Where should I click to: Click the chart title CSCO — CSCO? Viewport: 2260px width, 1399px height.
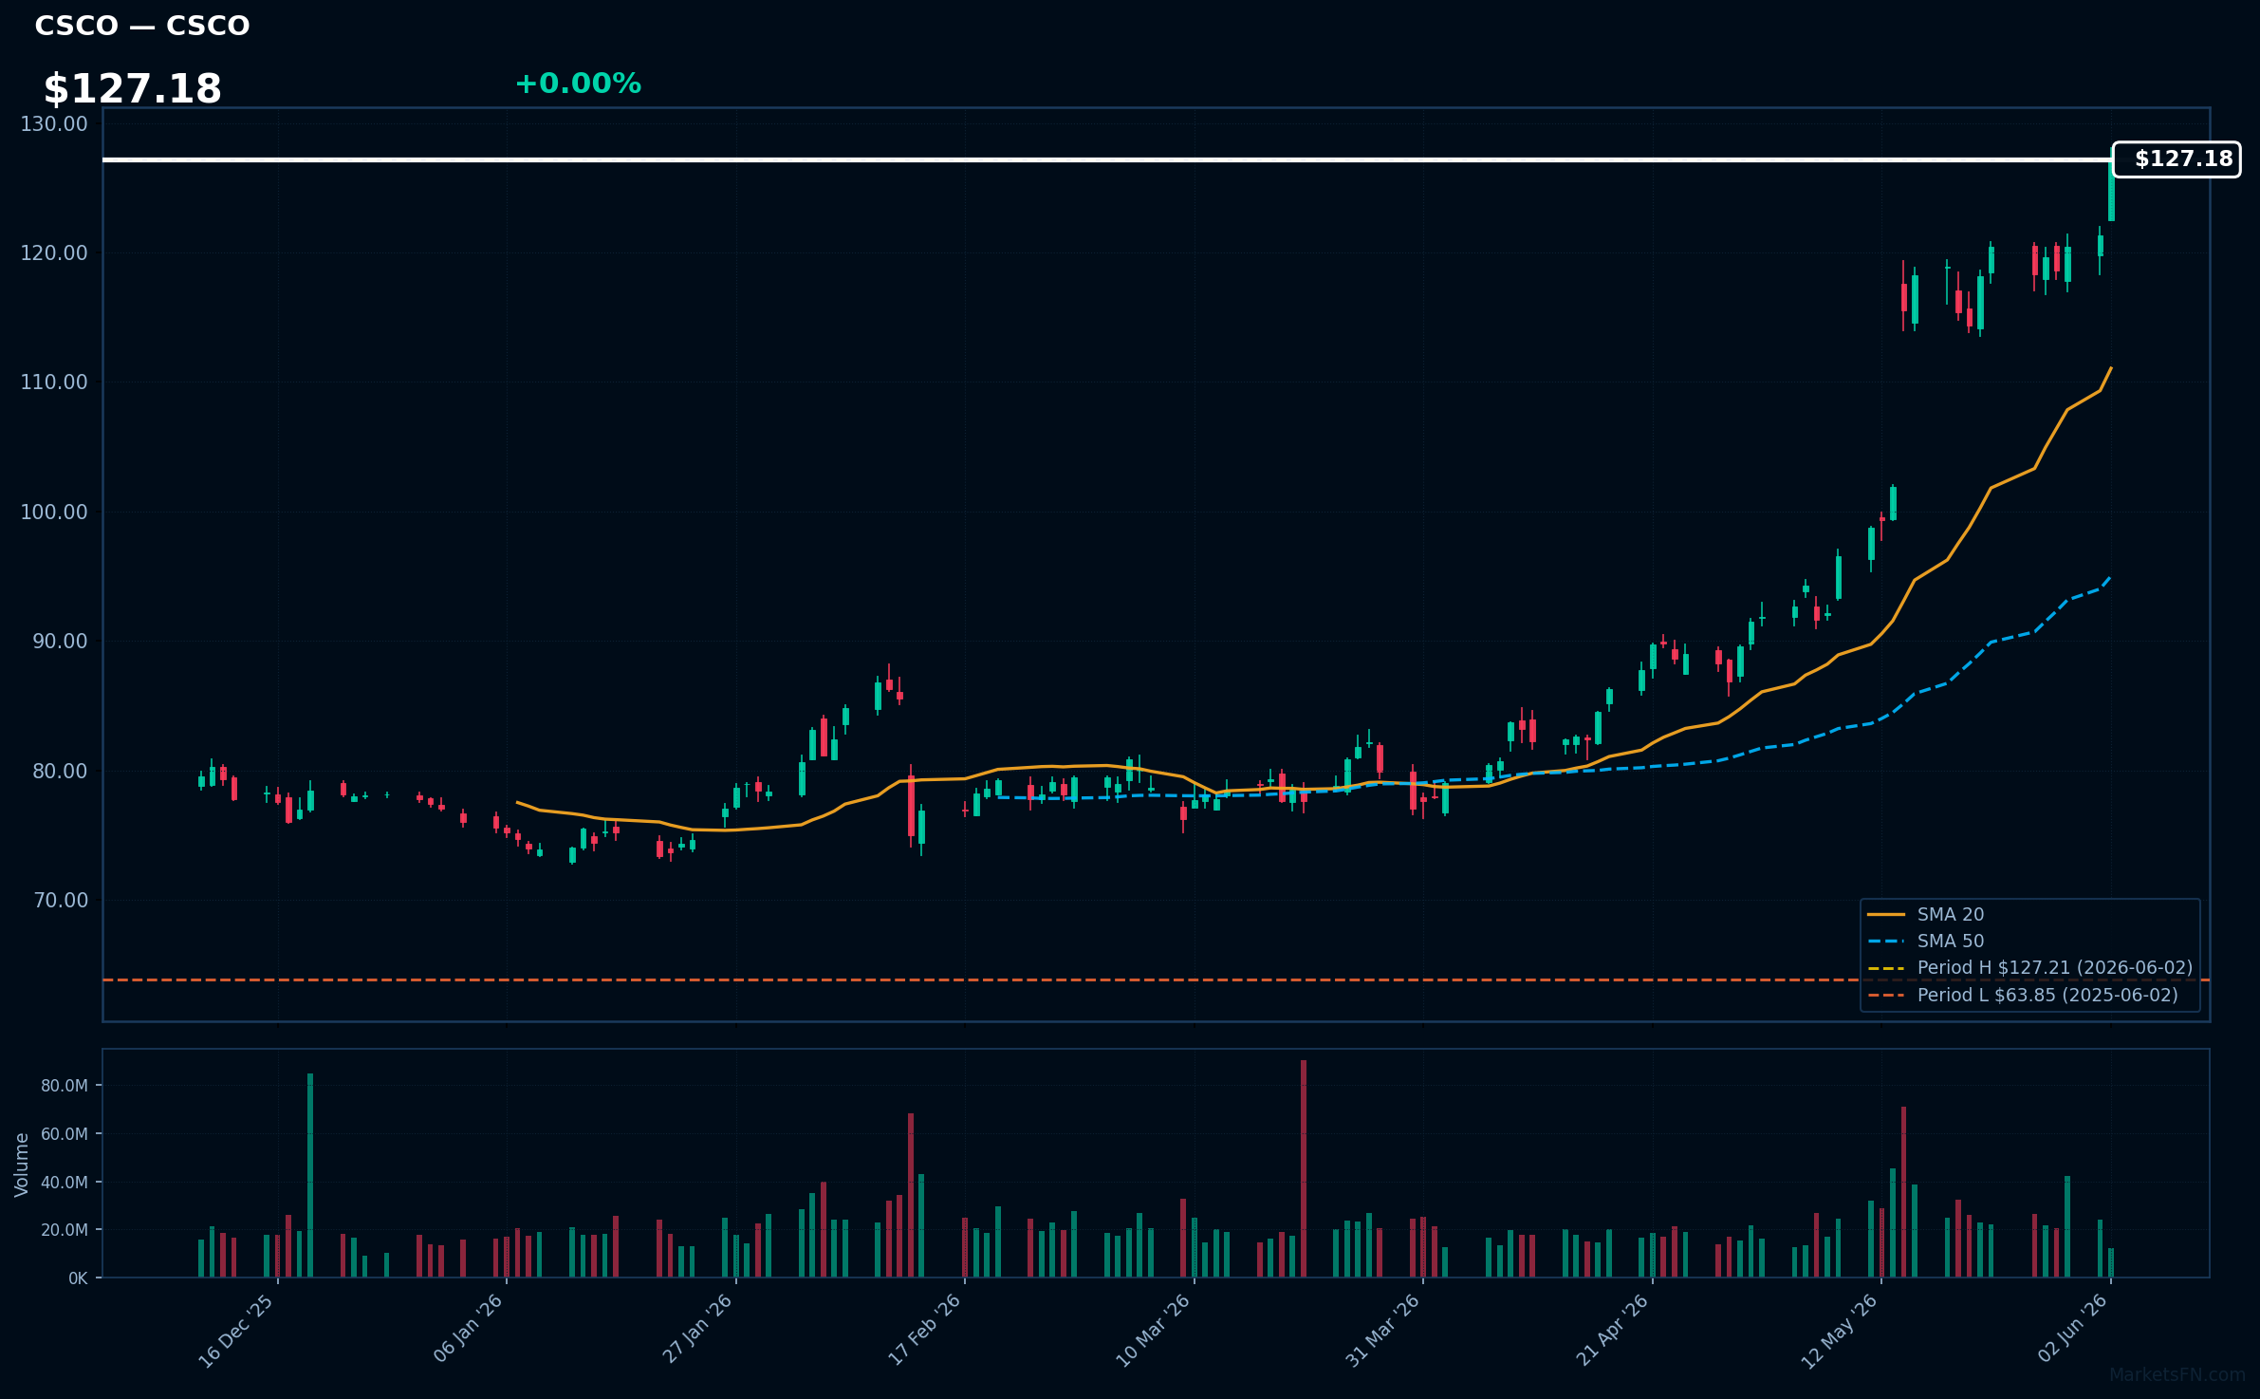(x=142, y=26)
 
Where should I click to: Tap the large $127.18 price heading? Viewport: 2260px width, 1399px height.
(x=133, y=89)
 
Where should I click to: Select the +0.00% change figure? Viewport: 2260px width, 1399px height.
(x=578, y=84)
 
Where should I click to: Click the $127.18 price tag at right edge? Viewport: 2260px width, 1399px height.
(x=2177, y=159)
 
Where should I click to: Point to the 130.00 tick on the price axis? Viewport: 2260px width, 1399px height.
(x=54, y=123)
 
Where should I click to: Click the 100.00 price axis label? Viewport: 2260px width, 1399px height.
(x=54, y=512)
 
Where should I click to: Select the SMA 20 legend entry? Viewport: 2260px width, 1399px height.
(x=1925, y=914)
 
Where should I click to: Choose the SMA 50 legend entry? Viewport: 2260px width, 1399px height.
(x=1925, y=941)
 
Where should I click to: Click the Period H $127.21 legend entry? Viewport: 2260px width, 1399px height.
(x=2029, y=967)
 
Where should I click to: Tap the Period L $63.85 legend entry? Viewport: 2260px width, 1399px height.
(x=2022, y=995)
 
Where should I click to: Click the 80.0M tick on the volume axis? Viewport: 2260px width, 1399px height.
(x=65, y=1086)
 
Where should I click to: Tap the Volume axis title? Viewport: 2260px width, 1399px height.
(x=22, y=1165)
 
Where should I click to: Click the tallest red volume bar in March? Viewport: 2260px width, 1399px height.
(x=1304, y=1168)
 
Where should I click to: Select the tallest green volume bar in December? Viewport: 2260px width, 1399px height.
(x=309, y=1175)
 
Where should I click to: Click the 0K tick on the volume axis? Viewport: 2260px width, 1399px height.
(x=78, y=1278)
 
